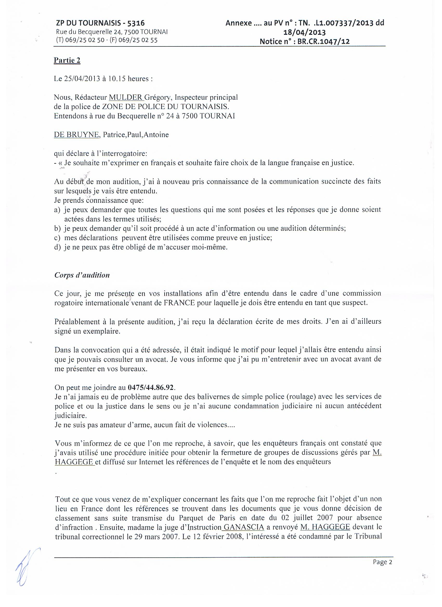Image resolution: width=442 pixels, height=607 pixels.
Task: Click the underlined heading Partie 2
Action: [x=67, y=60]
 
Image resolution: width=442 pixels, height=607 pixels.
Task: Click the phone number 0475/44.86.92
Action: [x=151, y=387]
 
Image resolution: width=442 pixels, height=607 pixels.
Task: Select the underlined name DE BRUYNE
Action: [x=76, y=135]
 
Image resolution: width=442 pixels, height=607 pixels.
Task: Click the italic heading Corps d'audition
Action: [x=82, y=275]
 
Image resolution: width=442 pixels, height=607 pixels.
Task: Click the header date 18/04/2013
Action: [x=305, y=32]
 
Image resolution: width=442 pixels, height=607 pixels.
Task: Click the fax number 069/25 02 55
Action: [x=137, y=40]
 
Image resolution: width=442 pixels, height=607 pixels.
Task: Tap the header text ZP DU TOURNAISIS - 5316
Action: [x=101, y=23]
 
